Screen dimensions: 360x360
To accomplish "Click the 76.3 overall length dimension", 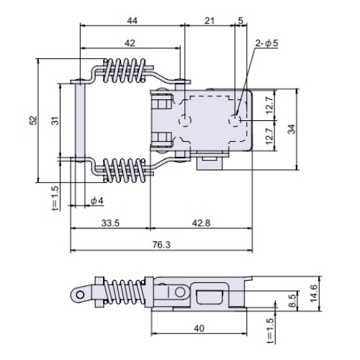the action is tap(161, 245).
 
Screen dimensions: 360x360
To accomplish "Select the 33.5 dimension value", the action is tap(110, 223).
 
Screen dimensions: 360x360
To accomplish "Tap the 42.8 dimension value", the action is tap(201, 223).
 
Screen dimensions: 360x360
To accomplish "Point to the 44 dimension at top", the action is tap(132, 21).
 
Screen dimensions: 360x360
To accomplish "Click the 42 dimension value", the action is tap(130, 43).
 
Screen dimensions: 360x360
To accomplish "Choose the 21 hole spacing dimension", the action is tap(210, 21).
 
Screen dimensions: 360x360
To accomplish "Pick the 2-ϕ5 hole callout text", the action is tap(266, 43).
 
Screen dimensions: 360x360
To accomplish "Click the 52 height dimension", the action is tap(34, 120).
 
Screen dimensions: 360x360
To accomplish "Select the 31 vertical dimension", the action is tap(55, 120).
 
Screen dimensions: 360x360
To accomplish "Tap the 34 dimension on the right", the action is tap(292, 129).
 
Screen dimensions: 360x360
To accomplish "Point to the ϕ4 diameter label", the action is tap(97, 201).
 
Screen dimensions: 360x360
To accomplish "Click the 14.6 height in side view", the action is tap(313, 293).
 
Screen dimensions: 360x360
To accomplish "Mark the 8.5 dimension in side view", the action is tap(292, 300).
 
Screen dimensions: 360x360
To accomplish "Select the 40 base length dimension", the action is tap(199, 328).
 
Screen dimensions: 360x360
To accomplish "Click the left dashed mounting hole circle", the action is tap(185, 120).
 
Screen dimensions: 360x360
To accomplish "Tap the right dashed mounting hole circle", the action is tap(235, 120).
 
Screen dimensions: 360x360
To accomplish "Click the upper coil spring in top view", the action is tap(125, 71).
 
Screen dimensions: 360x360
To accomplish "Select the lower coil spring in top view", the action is tap(125, 170).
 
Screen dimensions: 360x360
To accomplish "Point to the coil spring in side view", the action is tap(125, 293).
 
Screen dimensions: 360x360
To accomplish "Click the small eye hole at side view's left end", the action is tap(81, 294).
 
